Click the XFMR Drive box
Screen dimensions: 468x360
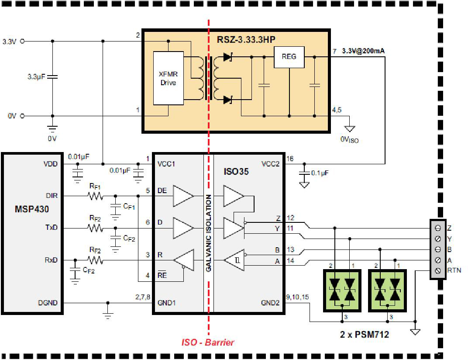[169, 78]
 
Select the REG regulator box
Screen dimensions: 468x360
[289, 57]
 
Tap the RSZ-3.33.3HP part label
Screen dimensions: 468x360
[246, 39]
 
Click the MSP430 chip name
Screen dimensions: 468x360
[31, 209]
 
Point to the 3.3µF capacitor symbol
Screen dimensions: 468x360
[52, 77]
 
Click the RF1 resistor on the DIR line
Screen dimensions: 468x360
[96, 196]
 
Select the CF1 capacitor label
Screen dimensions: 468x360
[129, 207]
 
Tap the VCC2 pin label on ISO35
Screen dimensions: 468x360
[270, 164]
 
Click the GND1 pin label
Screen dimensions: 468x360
[166, 303]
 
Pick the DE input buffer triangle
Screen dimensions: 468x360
[183, 196]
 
